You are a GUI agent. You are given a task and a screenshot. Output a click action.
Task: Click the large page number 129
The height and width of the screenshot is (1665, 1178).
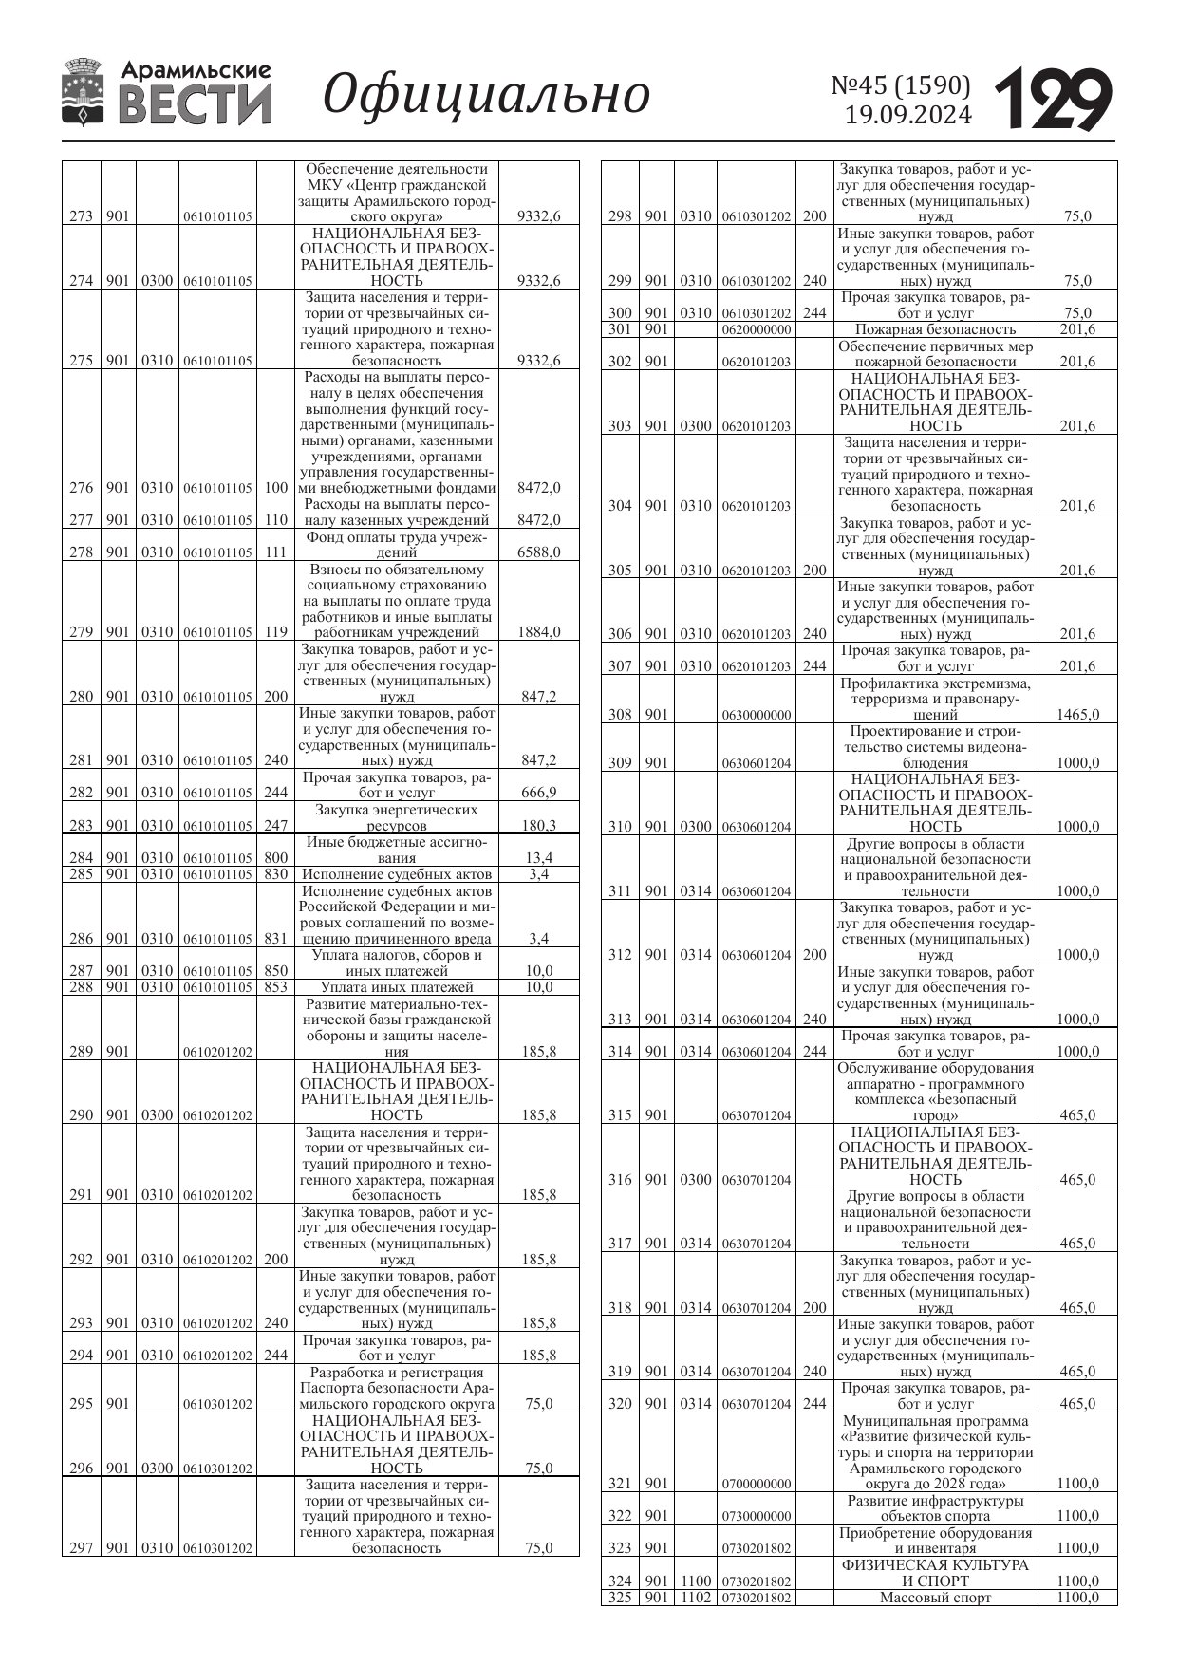click(x=1053, y=99)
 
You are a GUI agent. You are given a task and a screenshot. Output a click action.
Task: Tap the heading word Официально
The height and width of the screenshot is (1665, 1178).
click(x=486, y=94)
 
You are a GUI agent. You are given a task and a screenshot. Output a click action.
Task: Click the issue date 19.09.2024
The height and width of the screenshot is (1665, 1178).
click(x=908, y=116)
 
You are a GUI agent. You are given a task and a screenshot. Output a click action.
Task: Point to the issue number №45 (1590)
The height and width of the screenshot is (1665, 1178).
click(x=901, y=85)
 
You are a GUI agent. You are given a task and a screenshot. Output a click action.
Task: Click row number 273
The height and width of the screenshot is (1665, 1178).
click(x=82, y=216)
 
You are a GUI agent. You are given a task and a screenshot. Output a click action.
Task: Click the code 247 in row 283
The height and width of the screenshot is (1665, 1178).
click(x=275, y=826)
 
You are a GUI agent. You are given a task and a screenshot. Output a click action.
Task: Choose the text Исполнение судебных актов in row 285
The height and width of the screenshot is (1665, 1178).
click(x=397, y=874)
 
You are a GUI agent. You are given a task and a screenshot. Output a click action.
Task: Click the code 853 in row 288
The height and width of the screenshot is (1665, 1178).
click(x=275, y=987)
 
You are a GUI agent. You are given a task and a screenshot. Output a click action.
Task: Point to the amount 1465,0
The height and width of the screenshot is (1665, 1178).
click(x=1077, y=715)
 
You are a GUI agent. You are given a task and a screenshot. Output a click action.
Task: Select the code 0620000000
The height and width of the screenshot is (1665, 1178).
click(x=757, y=330)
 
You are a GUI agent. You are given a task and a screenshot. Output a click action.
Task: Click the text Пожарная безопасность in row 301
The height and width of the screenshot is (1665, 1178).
click(x=935, y=329)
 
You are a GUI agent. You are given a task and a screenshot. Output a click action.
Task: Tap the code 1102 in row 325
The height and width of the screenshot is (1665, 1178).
click(x=695, y=1598)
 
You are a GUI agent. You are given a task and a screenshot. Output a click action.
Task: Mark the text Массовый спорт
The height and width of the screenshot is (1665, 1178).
click(x=935, y=1598)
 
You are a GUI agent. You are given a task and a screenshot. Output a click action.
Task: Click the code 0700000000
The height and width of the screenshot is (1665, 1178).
click(x=757, y=1484)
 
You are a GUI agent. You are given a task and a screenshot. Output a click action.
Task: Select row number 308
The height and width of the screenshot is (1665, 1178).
click(x=620, y=715)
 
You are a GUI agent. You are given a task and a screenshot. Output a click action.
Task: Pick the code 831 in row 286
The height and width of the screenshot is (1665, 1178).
click(x=275, y=939)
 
